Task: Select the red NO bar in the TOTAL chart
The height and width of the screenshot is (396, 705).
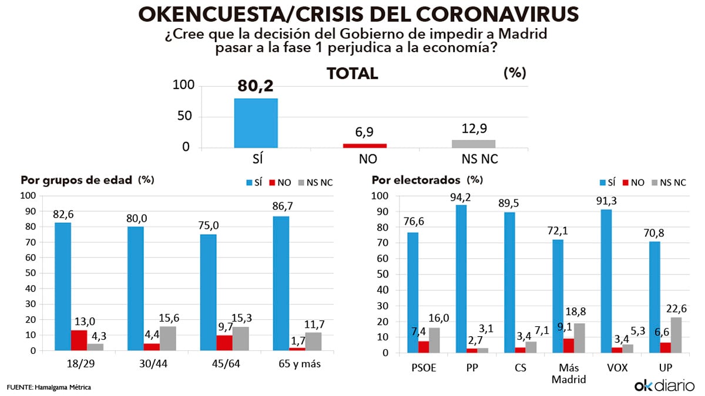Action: point(364,145)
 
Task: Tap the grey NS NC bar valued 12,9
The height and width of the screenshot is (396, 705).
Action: point(474,143)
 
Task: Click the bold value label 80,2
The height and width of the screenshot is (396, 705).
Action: point(256,87)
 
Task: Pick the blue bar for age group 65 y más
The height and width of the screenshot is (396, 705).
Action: point(281,283)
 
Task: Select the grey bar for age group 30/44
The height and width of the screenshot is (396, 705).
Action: point(167,339)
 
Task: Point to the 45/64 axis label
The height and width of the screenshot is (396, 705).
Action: point(227,365)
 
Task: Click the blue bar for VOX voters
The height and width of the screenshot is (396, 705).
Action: point(600,281)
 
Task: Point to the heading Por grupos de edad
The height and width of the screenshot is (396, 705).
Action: point(76,181)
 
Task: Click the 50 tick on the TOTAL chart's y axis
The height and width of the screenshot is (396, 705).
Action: point(185,116)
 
